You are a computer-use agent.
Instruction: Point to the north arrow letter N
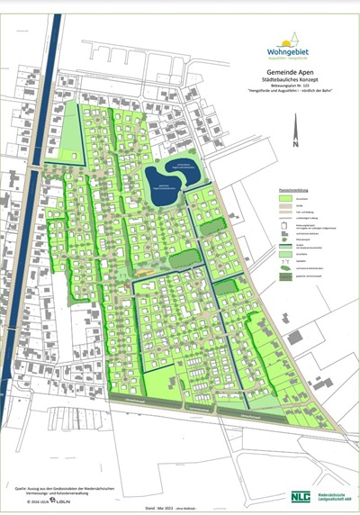pyautogui.click(x=294, y=143)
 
